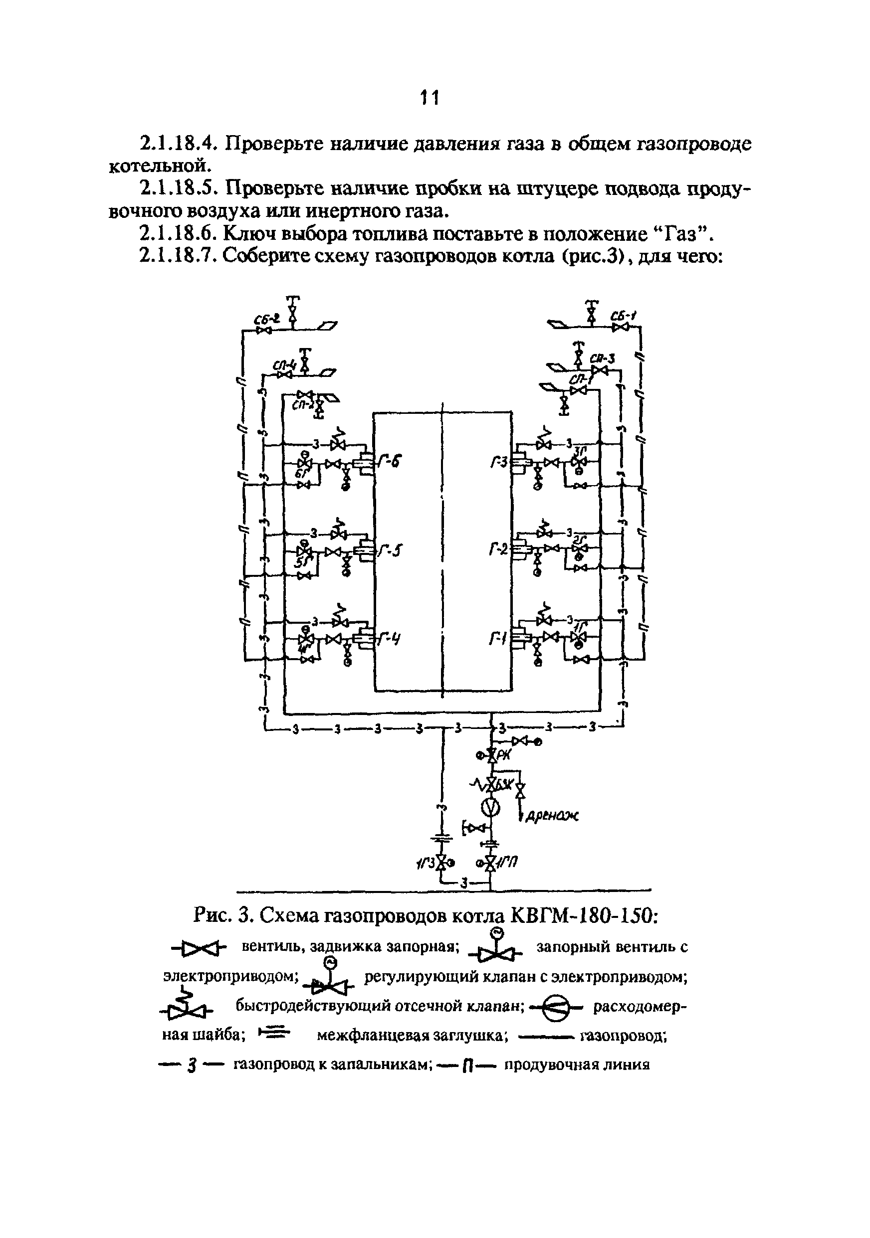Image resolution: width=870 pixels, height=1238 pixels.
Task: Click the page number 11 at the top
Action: (x=430, y=98)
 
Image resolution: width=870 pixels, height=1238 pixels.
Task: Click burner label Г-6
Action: (x=391, y=463)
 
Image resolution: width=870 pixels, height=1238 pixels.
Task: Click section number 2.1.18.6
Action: (x=178, y=234)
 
